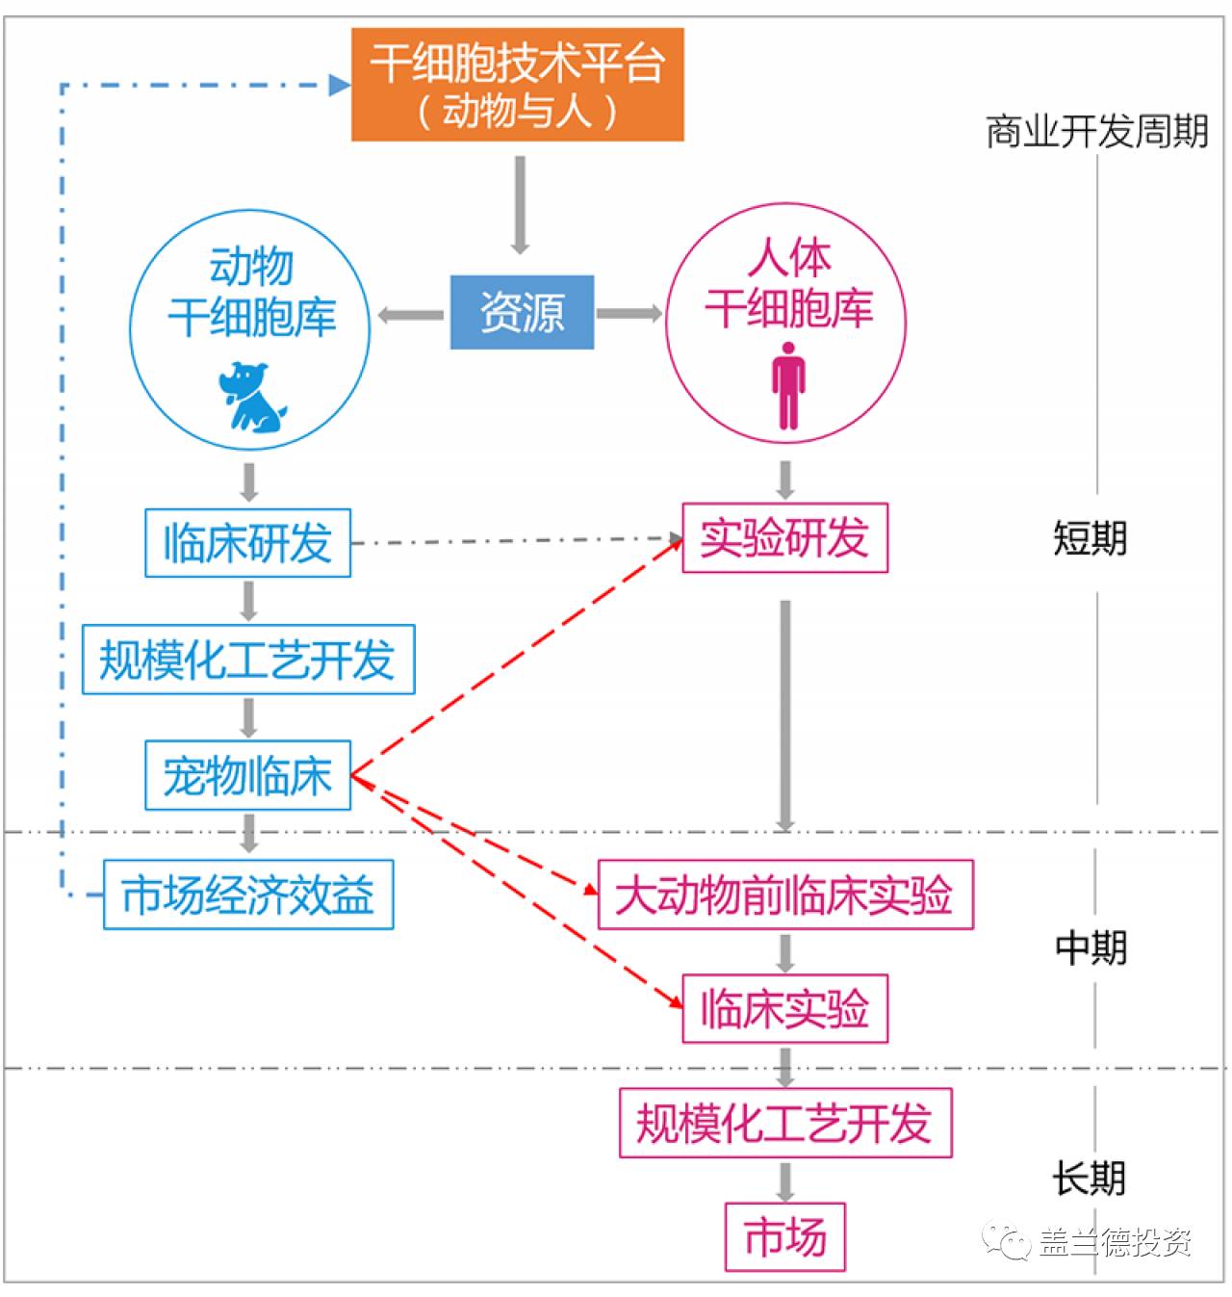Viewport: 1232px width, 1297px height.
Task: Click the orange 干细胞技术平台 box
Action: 517,85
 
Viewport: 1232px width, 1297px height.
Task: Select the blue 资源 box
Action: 522,312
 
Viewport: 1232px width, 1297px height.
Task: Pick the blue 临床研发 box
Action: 247,543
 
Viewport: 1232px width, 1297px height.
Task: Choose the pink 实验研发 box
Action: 784,537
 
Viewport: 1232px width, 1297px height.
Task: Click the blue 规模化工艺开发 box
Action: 248,660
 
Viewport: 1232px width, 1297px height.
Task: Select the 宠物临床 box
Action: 247,775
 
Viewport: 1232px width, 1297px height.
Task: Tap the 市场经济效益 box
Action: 248,895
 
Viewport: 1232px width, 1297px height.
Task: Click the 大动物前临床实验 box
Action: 785,895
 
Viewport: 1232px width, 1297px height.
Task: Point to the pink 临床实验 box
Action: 784,1009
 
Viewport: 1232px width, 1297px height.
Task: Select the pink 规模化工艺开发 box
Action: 784,1123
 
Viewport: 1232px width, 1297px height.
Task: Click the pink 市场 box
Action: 784,1236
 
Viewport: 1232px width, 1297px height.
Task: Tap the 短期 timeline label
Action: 1091,538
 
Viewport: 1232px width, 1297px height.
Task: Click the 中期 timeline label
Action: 1091,948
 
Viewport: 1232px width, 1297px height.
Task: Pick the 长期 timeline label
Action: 1089,1178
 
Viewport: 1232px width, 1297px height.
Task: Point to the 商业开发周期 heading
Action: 1096,132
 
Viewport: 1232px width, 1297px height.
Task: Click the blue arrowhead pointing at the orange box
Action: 339,85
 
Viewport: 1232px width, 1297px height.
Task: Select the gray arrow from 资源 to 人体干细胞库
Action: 629,313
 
